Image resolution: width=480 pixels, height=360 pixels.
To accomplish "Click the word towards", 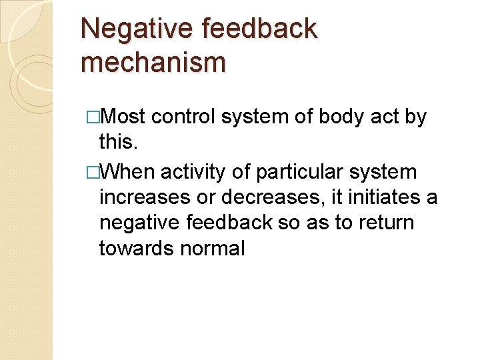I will click(136, 248).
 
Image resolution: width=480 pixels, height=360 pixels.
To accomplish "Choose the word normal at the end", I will click(213, 248).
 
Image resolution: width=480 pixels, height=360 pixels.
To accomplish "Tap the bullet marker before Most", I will click(92, 118).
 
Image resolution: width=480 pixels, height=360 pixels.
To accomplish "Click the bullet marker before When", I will click(92, 173).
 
